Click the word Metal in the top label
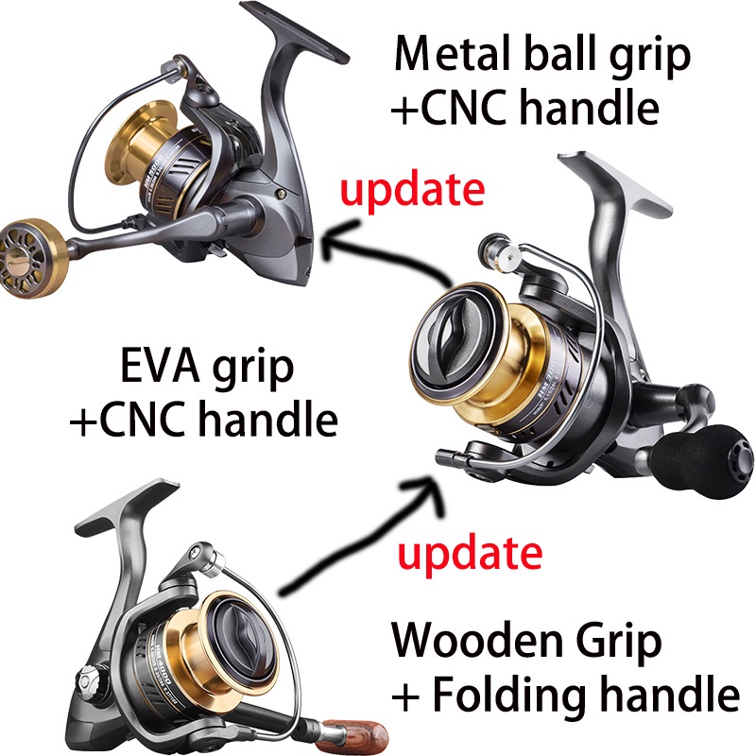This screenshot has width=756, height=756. tap(447, 55)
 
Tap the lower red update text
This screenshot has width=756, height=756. tap(470, 551)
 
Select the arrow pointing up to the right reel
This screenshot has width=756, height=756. tap(340, 539)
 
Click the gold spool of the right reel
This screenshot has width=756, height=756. tap(468, 359)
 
